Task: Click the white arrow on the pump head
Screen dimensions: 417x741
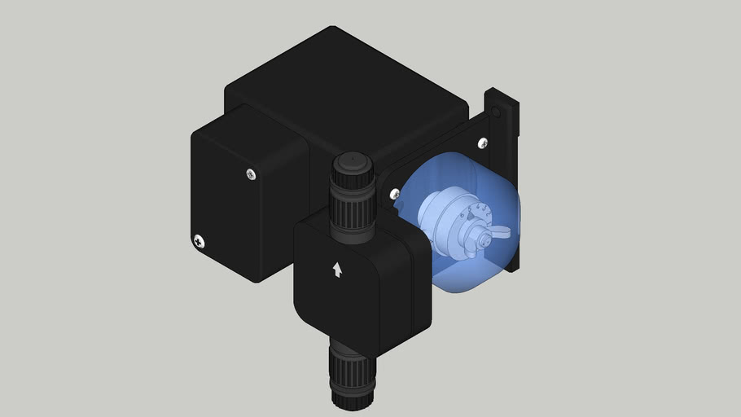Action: click(338, 270)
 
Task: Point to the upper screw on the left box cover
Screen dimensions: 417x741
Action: click(251, 173)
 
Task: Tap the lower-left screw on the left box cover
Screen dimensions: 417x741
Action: click(199, 241)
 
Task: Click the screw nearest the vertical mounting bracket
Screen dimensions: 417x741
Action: click(483, 143)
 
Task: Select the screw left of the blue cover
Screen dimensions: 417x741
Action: click(394, 194)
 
